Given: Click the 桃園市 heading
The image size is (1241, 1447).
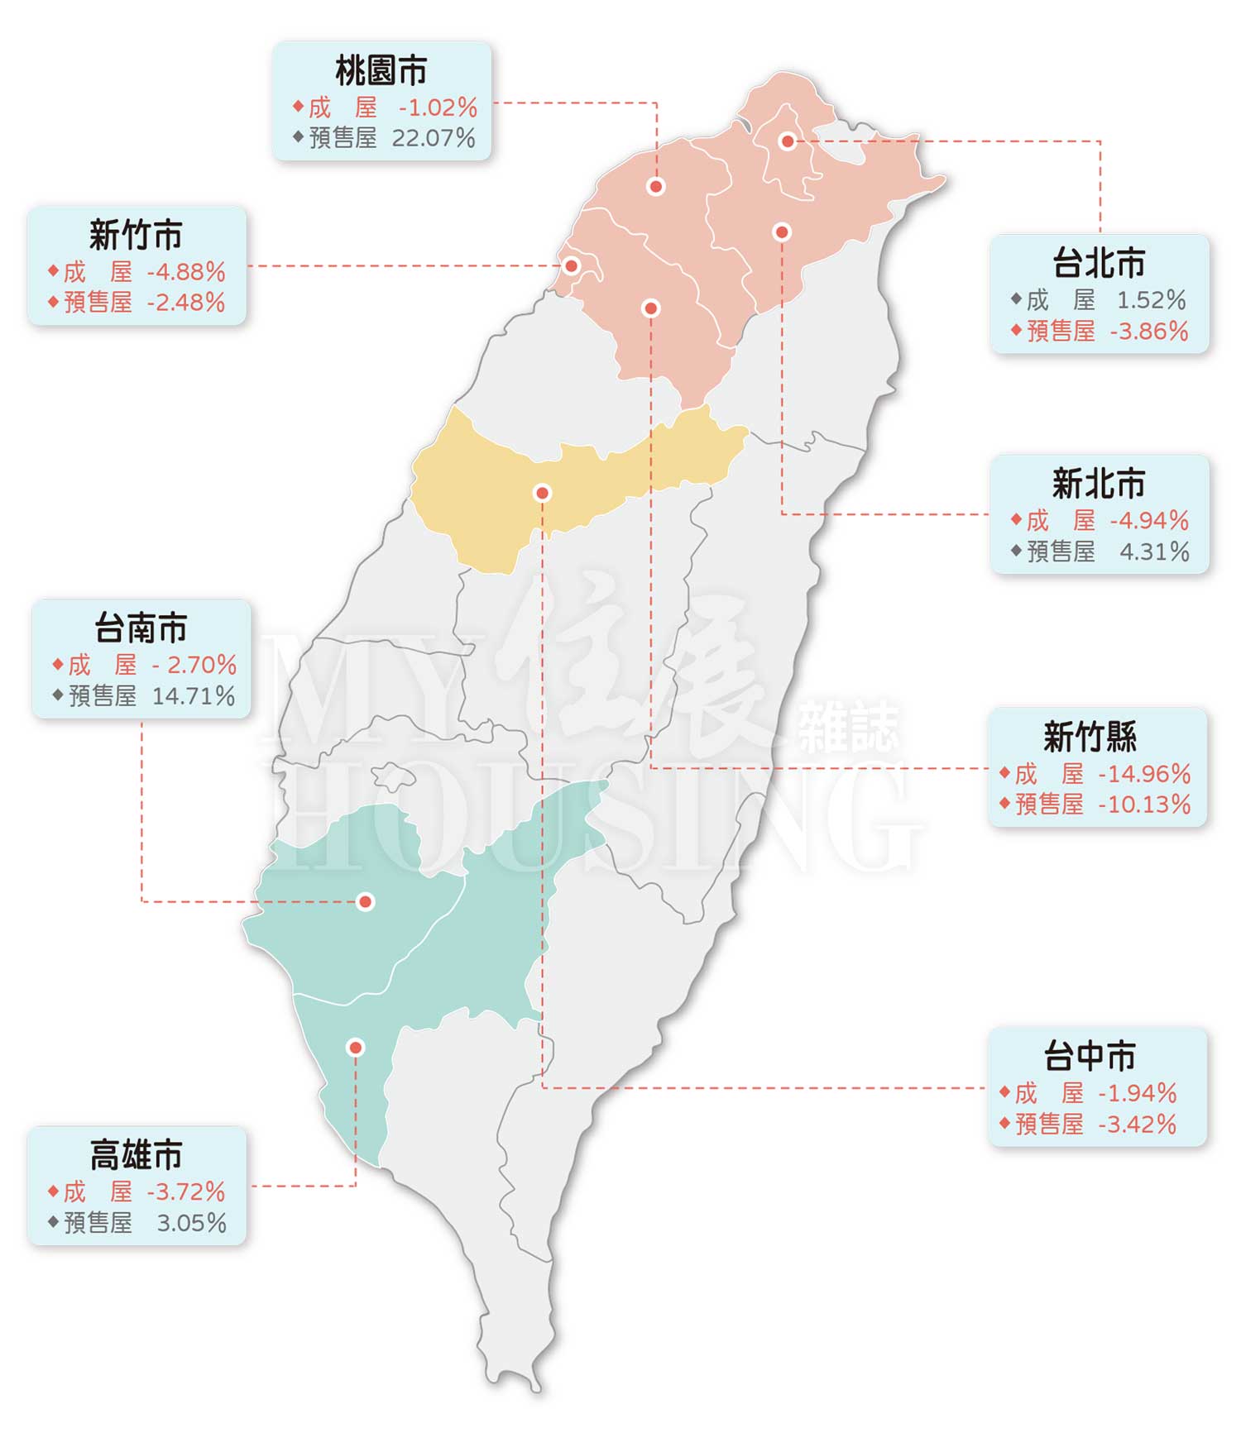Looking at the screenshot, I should coord(381,71).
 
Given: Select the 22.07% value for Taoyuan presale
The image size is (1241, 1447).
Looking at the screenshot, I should coord(434,138).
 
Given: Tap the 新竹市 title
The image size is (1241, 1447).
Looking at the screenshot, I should coord(136,236).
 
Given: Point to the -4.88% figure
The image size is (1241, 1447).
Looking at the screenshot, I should coord(186,271).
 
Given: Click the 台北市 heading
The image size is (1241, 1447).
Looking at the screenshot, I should coord(1099,264).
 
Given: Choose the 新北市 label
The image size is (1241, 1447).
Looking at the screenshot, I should coord(1099,484).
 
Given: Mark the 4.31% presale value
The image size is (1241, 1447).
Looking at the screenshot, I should coord(1154,552).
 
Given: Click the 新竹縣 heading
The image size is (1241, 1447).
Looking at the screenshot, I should coord(1090,737).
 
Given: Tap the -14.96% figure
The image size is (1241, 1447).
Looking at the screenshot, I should coord(1144,774).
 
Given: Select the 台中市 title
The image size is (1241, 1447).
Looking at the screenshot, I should coord(1090,1056).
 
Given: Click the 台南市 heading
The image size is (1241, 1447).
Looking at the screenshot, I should coord(141,628).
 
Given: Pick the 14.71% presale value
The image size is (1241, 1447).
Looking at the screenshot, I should coord(194,696).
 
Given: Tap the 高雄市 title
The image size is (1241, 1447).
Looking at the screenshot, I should coord(136,1155).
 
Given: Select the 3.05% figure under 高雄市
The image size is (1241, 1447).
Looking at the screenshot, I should coord(191,1223).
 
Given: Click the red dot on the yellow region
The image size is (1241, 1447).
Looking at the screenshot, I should coord(542,493).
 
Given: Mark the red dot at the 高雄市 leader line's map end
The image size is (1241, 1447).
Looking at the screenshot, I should coord(356,1048).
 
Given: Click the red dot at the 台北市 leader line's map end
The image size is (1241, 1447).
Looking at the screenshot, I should coord(788,141).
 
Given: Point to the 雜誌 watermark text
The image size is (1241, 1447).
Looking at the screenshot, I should coord(847,728).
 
